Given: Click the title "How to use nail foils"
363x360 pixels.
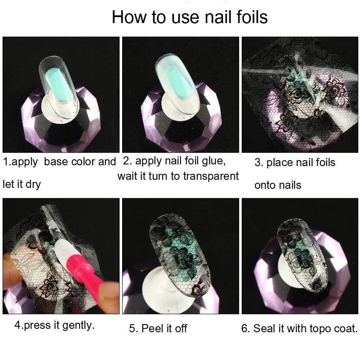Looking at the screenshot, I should click(x=190, y=17).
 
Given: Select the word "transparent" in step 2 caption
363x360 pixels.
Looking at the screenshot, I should click(x=208, y=176).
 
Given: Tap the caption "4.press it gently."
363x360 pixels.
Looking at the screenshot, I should click(x=55, y=325).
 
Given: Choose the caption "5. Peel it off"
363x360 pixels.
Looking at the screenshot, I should click(x=158, y=328).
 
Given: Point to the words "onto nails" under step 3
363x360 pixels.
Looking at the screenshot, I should click(x=278, y=185).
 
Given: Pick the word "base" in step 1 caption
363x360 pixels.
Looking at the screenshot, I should click(x=58, y=162).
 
